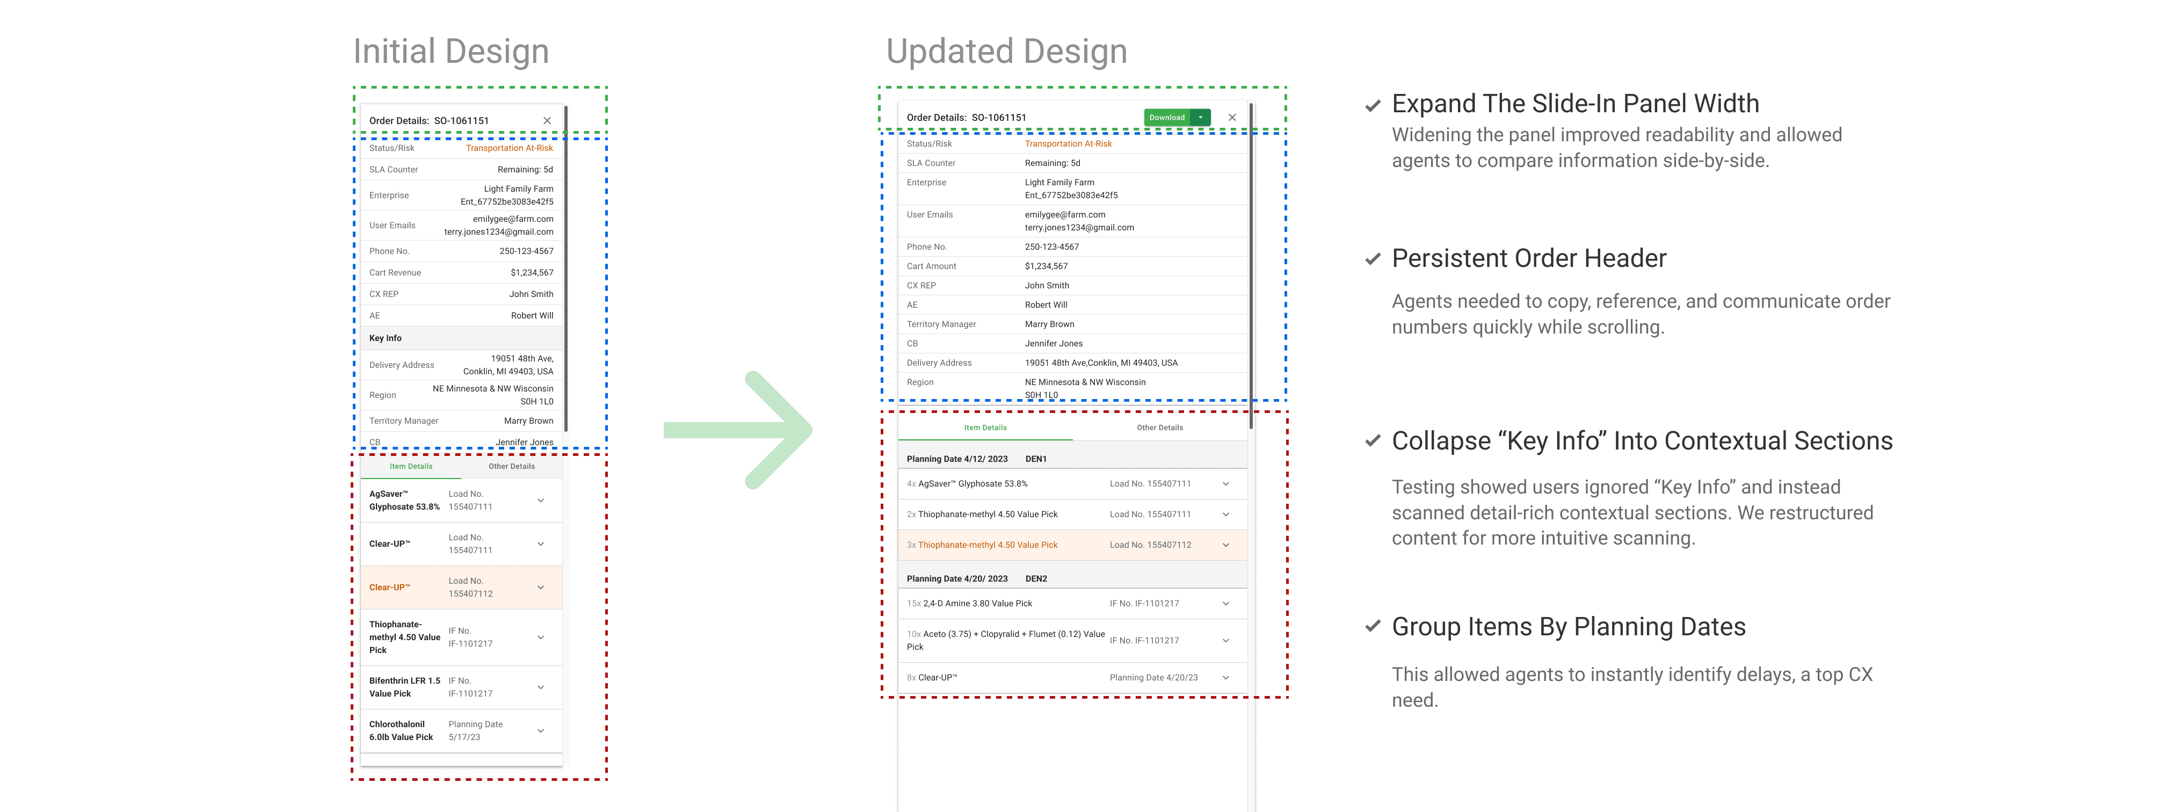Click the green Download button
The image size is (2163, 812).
click(x=1167, y=118)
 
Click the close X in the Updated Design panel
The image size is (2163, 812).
click(x=1232, y=118)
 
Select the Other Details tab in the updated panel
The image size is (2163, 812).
click(x=1159, y=427)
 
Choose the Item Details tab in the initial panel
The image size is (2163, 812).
click(x=411, y=466)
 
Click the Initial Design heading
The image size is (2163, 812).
click(x=451, y=51)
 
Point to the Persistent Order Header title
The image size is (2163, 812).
click(x=1528, y=259)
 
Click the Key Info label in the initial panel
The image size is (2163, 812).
click(x=386, y=338)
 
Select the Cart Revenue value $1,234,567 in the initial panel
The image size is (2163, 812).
click(x=532, y=273)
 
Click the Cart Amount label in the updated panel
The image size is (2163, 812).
click(x=931, y=266)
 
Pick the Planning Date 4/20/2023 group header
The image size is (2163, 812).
click(x=957, y=578)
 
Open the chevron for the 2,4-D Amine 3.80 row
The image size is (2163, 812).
click(x=1226, y=604)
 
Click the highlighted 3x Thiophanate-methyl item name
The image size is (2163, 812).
click(x=988, y=545)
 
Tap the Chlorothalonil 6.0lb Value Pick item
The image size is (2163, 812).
click(x=401, y=730)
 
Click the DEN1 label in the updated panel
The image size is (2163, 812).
click(x=1036, y=459)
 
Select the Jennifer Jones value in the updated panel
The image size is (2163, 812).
click(x=1053, y=344)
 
